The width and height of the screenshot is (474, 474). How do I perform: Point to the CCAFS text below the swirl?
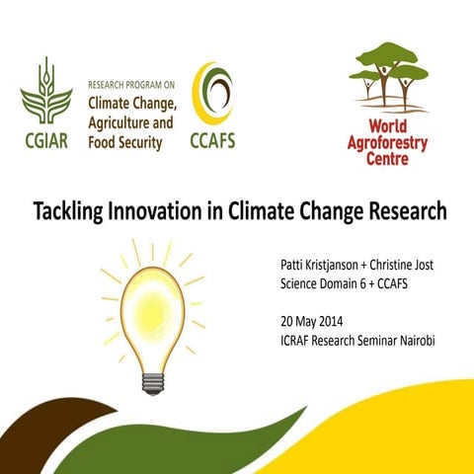[212, 141]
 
